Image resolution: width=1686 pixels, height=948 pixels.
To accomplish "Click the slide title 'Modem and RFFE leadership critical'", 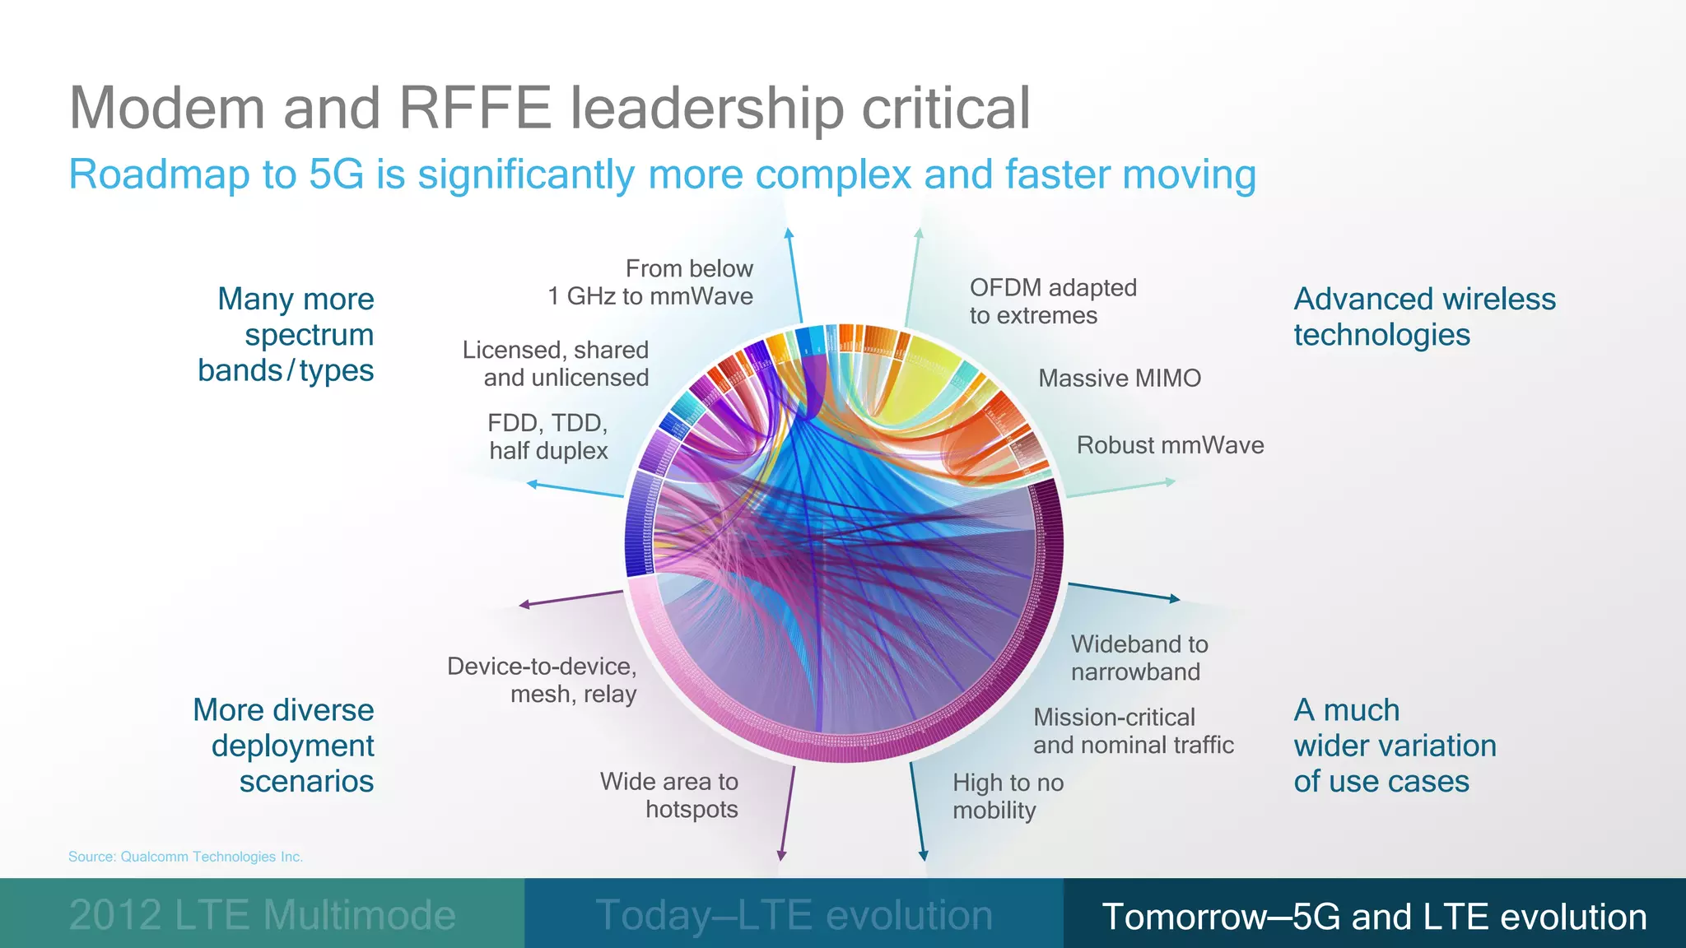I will [549, 108].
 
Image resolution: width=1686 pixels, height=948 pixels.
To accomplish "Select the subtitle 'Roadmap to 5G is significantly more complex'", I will [662, 174].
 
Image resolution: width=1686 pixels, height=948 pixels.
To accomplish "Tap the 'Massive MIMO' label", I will [1120, 379].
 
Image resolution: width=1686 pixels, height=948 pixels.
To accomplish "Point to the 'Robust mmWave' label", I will [1170, 445].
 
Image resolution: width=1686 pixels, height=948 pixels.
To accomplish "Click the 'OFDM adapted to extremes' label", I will [1052, 301].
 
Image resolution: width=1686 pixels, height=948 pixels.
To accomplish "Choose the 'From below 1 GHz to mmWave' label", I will [651, 282].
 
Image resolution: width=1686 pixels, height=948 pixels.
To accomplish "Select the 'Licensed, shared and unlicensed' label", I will [556, 364].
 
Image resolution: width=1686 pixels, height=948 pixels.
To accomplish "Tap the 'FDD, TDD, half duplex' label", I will [548, 437].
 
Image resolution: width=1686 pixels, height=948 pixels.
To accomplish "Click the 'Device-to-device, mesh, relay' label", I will [542, 680].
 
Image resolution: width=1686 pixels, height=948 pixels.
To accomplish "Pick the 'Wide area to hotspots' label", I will [669, 795].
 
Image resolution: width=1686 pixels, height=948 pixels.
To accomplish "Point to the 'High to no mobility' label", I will [1008, 797].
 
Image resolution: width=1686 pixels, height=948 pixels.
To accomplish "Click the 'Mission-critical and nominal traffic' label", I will [1133, 731].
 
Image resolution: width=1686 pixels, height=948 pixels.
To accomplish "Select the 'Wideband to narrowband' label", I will [1139, 658].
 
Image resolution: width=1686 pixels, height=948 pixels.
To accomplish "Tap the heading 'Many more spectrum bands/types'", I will [286, 334].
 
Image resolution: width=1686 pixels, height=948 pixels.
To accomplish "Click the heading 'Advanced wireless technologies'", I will [1424, 317].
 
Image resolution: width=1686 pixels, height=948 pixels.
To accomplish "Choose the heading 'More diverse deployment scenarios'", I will [284, 745].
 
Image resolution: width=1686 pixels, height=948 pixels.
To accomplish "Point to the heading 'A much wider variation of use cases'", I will [1395, 745].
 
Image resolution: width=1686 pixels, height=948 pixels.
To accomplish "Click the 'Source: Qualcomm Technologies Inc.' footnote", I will [185, 857].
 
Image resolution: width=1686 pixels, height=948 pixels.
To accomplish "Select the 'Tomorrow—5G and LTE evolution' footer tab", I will [1374, 916].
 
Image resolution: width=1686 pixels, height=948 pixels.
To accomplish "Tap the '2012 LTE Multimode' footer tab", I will [262, 915].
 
